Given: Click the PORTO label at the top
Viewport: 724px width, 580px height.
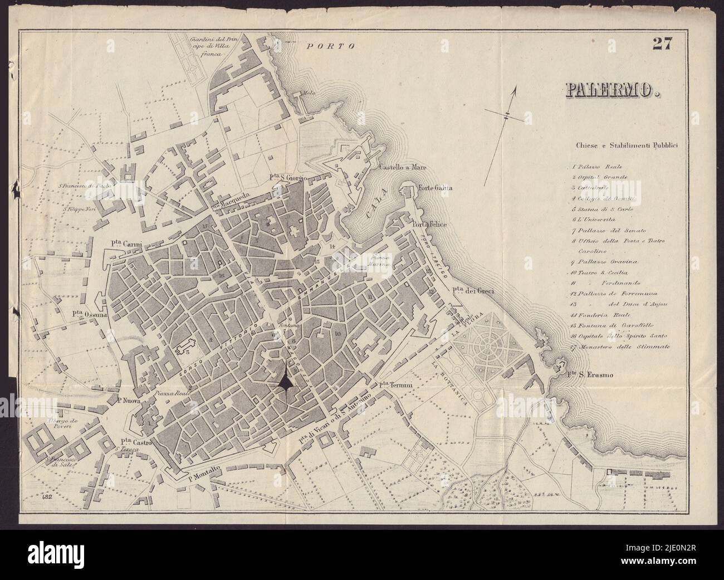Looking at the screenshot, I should click(x=331, y=46).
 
